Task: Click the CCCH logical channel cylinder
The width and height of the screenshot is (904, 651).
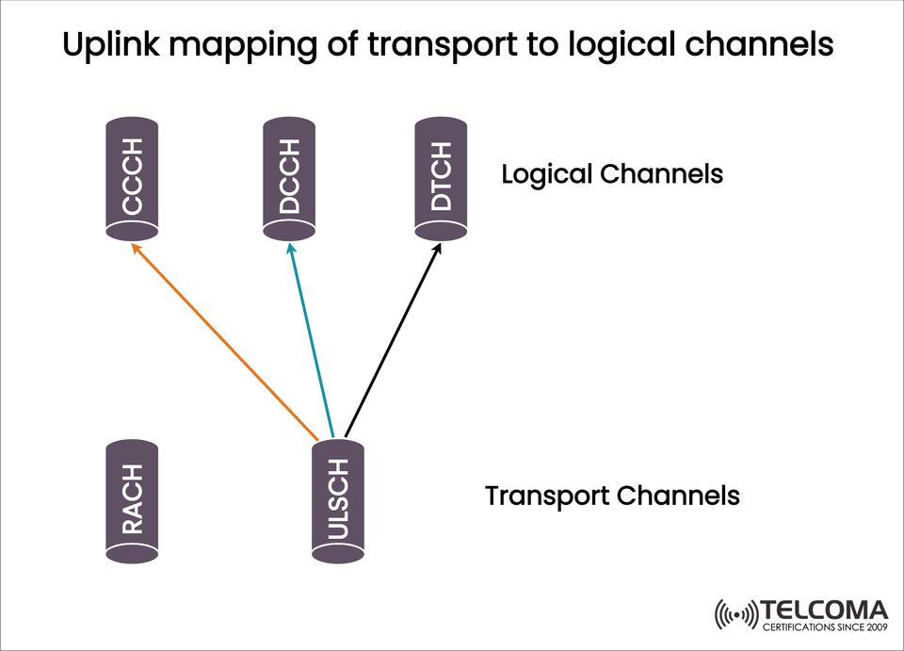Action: point(131,176)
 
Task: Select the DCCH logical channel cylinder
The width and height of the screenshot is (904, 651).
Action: point(289,176)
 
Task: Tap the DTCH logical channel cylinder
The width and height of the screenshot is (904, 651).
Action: point(441,176)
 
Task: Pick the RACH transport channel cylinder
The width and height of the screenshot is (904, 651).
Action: point(131,500)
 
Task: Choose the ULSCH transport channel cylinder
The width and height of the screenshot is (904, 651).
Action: point(338,500)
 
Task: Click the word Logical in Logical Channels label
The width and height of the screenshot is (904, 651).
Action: point(546,175)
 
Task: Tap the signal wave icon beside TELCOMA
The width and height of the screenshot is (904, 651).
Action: point(735,615)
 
